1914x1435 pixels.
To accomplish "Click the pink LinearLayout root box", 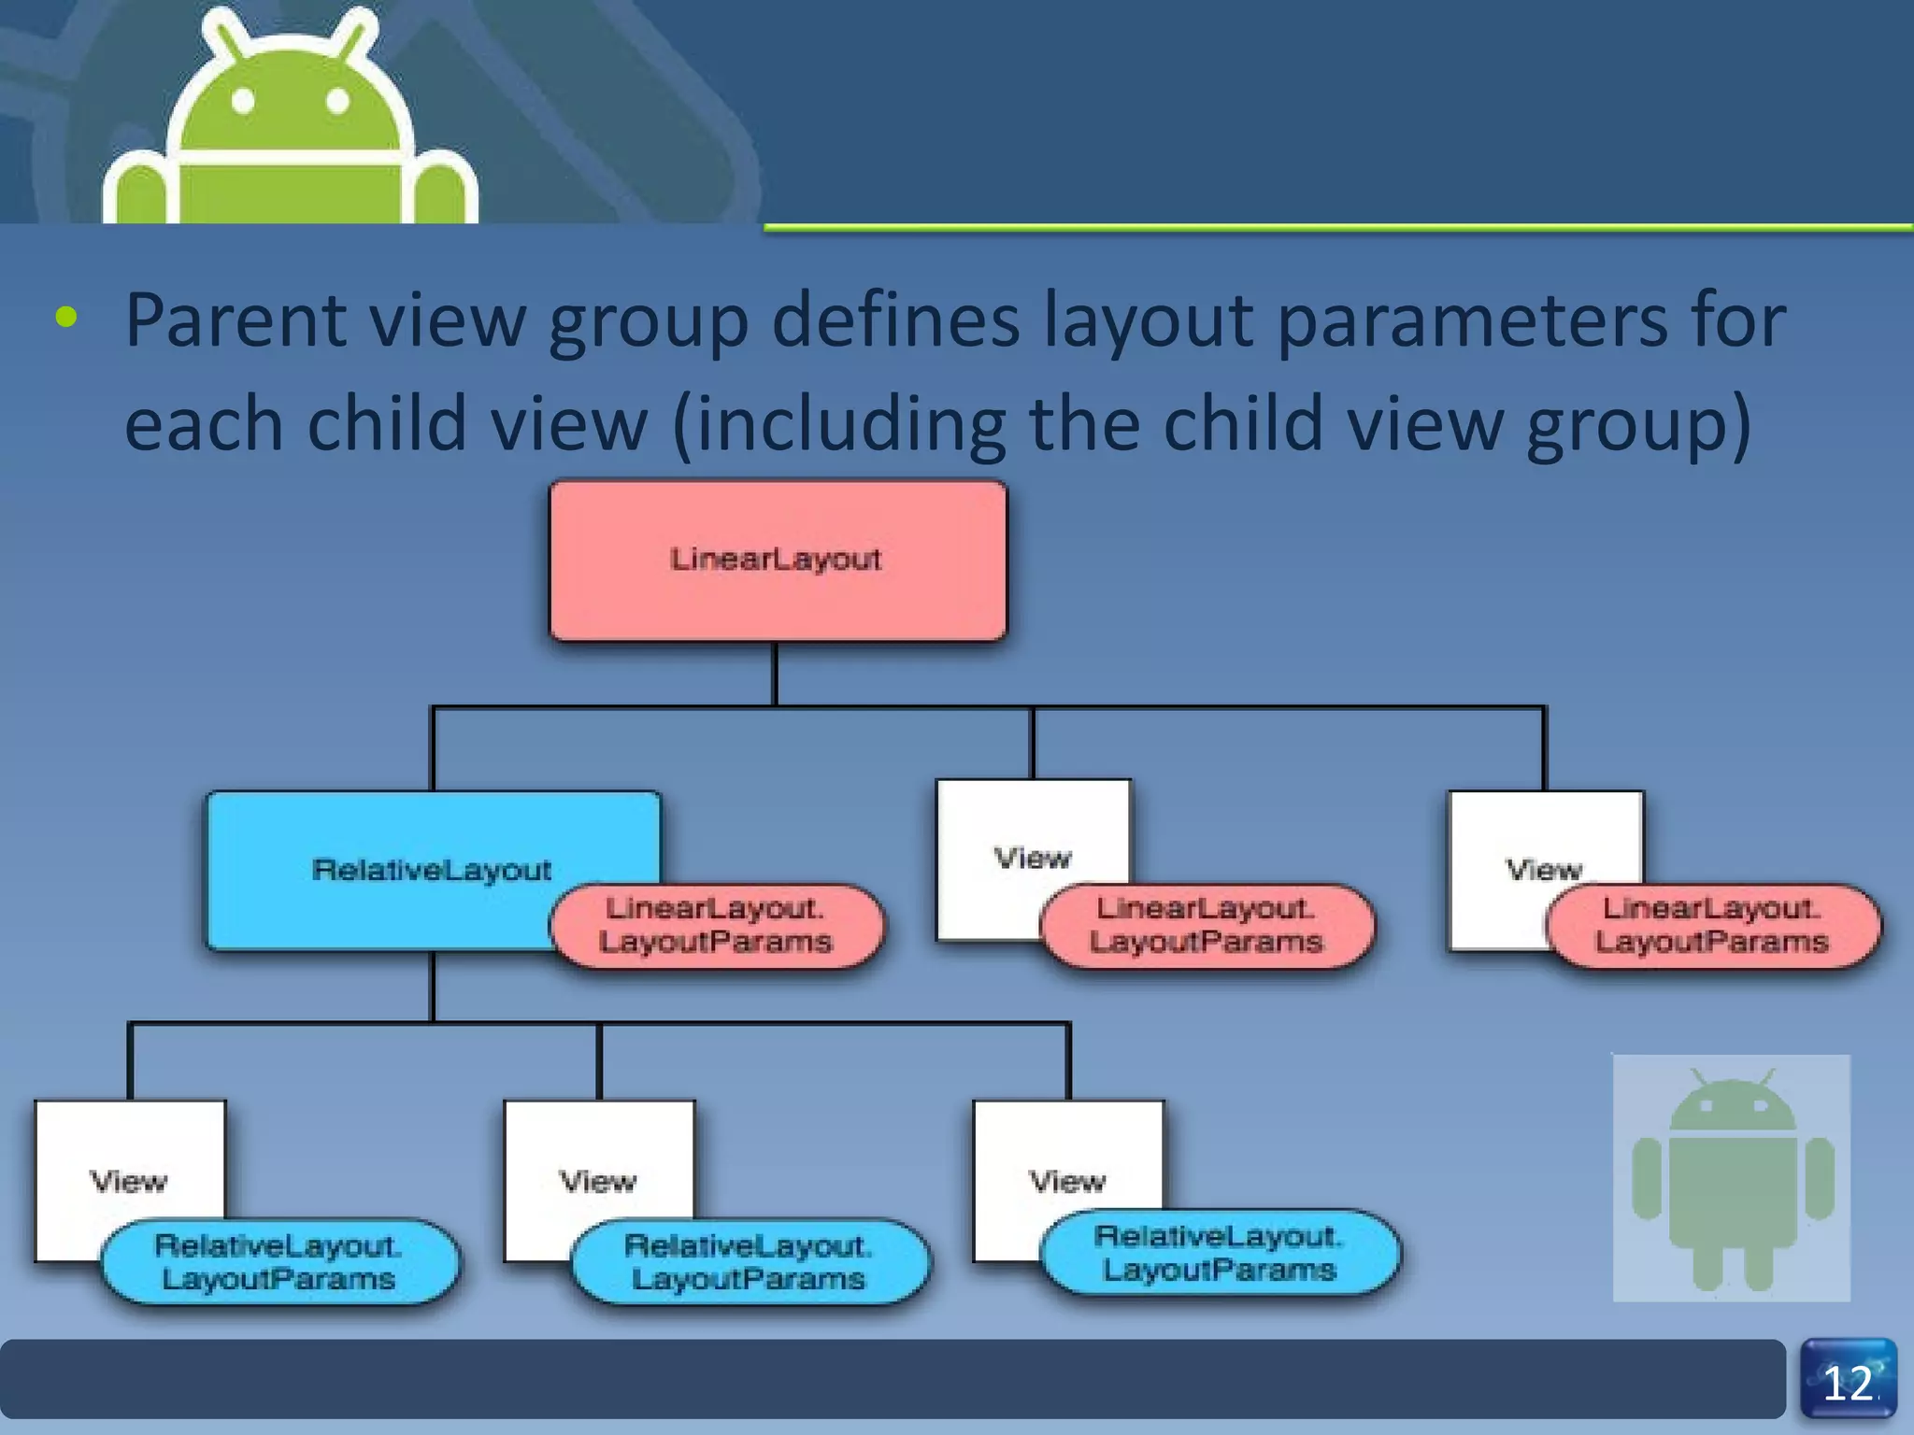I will click(x=778, y=561).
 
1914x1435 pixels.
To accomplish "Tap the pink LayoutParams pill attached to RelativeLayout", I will click(x=716, y=925).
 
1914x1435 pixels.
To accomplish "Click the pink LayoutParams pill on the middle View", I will click(x=1207, y=925).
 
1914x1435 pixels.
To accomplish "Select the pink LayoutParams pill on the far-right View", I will click(x=1712, y=925).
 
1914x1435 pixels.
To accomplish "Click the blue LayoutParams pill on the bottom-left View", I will click(x=279, y=1261).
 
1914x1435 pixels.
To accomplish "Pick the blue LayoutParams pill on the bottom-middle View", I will click(x=749, y=1261).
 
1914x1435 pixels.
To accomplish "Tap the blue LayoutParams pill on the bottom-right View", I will click(x=1220, y=1253).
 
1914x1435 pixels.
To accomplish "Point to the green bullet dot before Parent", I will click(x=66, y=318).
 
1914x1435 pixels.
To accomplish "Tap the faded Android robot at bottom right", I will click(x=1731, y=1179).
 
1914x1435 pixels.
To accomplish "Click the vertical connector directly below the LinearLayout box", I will click(x=775, y=673).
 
